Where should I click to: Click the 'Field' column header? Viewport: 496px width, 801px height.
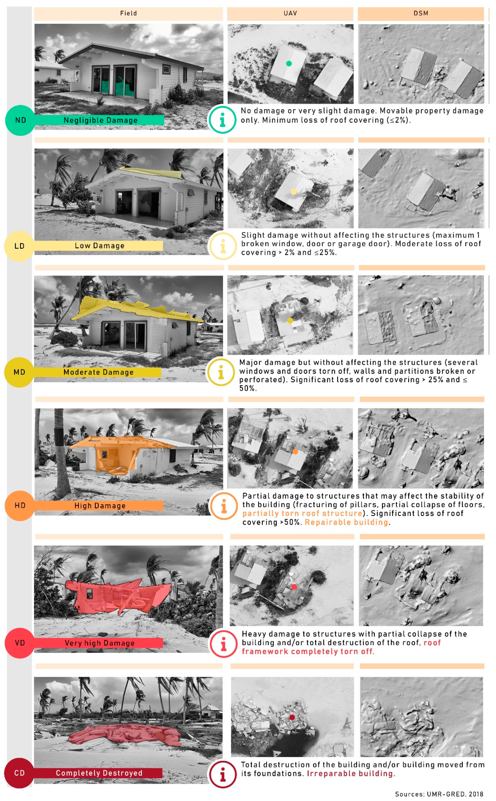128,13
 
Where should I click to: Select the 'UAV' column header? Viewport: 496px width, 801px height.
290,13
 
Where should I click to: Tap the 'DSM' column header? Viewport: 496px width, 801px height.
421,13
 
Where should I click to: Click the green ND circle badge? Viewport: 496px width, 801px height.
20,120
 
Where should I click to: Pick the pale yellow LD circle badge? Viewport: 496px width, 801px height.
19,246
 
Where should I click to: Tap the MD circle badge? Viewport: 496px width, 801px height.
19,372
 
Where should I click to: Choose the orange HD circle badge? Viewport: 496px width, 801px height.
20,505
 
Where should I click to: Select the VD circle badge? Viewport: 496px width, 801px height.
20,643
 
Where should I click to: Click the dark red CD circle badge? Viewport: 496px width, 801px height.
19,773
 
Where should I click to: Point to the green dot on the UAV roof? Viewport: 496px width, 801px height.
289,64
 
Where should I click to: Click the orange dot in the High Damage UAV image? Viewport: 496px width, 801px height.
295,452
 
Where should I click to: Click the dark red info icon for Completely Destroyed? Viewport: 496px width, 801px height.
223,774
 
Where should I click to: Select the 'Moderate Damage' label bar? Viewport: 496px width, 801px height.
98,372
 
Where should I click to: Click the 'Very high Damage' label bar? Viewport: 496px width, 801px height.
98,643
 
